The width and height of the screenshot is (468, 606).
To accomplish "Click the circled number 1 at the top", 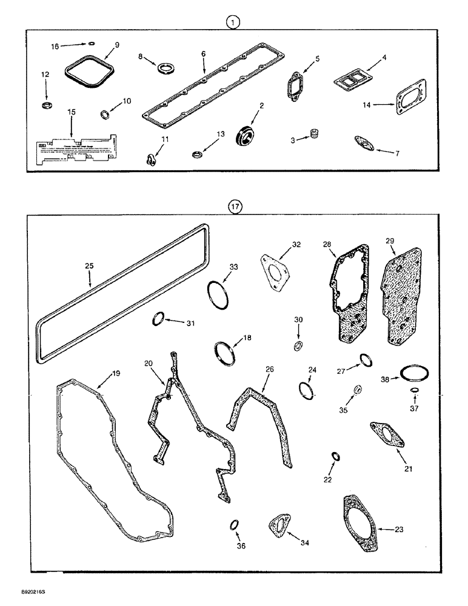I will coord(234,22).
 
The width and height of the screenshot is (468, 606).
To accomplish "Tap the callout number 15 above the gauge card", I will coord(72,113).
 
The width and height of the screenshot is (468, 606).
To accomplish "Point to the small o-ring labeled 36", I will coord(234,524).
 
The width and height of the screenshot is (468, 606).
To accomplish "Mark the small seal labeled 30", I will coord(298,346).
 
